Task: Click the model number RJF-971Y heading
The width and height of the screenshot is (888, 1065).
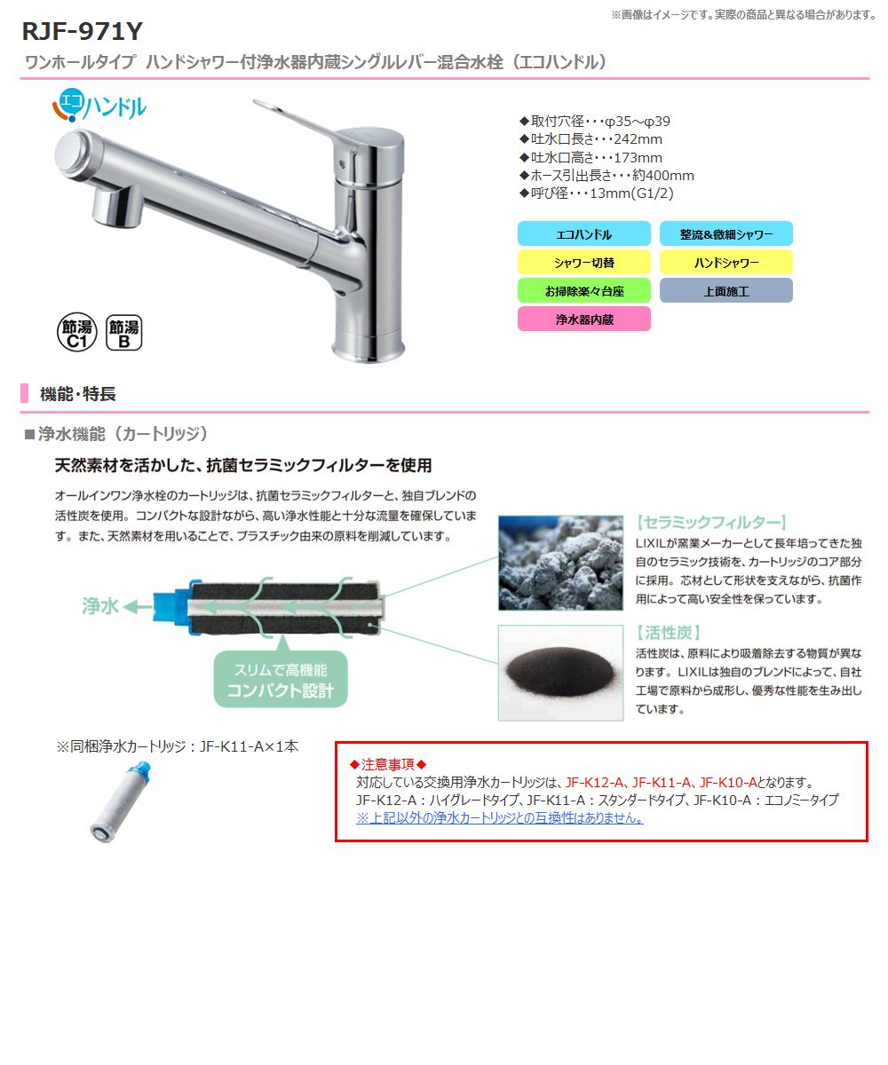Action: (x=82, y=32)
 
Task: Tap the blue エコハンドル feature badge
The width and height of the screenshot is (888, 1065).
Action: (x=583, y=234)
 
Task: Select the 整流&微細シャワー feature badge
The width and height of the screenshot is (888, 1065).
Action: (x=725, y=234)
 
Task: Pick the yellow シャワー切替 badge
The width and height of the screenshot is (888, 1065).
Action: (x=583, y=263)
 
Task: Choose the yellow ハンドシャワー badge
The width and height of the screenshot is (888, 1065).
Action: (x=725, y=263)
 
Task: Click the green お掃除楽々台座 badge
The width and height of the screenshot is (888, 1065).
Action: (x=583, y=291)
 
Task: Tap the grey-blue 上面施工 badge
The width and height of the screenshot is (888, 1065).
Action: (x=725, y=291)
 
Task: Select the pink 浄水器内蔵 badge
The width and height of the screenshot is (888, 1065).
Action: (x=583, y=319)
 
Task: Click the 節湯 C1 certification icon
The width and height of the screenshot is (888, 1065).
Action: (x=75, y=332)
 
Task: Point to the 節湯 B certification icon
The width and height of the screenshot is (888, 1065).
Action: (x=123, y=332)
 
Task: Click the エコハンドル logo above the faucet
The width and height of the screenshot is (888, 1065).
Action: (x=99, y=106)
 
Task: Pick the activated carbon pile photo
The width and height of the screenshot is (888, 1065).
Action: (x=560, y=672)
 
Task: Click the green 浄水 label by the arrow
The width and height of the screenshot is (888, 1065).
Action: (x=99, y=606)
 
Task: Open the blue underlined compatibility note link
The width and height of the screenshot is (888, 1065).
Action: (x=499, y=818)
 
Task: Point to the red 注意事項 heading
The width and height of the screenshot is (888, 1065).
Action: (x=389, y=764)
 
